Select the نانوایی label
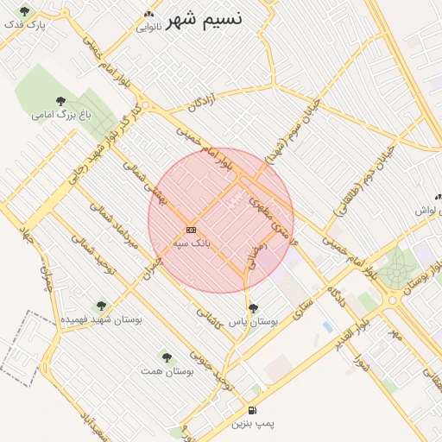[148, 27]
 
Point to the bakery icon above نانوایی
[148, 14]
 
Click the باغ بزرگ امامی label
[60, 114]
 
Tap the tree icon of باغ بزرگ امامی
[60, 101]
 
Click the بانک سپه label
[191, 243]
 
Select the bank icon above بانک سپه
[191, 230]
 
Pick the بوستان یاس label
[259, 321]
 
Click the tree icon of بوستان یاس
[252, 307]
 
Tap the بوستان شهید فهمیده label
[101, 319]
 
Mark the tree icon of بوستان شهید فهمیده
[101, 306]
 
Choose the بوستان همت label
[167, 370]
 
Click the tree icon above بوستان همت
[167, 357]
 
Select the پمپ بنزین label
[253, 424]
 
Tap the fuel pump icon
[252, 410]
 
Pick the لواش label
[427, 211]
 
